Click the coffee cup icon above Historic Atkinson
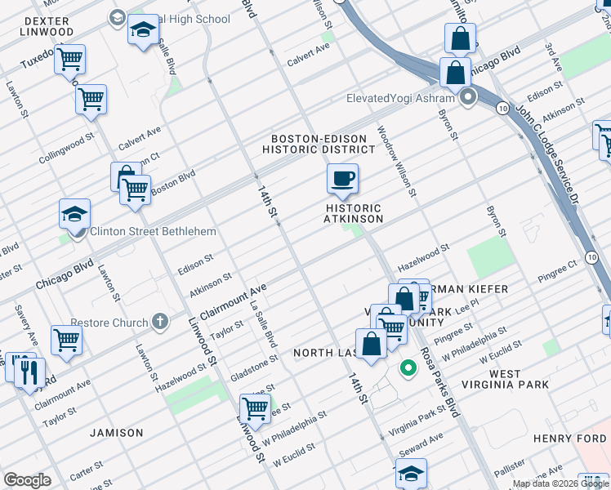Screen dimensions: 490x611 (x=342, y=177)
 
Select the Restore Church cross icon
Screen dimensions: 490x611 (x=160, y=322)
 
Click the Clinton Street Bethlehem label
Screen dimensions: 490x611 (x=153, y=231)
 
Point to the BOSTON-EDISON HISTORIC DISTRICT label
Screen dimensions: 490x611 (x=323, y=145)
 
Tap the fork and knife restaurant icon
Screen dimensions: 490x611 (x=30, y=372)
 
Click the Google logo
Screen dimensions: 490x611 (x=27, y=480)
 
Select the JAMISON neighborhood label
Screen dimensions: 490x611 (x=116, y=433)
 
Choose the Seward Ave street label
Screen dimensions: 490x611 (x=421, y=444)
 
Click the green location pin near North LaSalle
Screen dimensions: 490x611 (x=406, y=369)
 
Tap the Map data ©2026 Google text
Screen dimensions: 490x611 (x=560, y=483)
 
